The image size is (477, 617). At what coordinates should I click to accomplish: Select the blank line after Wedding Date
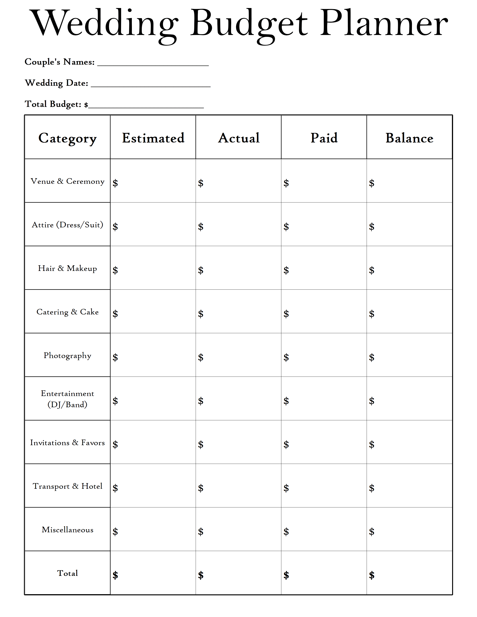click(151, 85)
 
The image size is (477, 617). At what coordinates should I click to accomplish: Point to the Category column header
click(67, 138)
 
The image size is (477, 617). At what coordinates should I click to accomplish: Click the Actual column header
click(239, 138)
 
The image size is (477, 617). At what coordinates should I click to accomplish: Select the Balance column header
click(409, 138)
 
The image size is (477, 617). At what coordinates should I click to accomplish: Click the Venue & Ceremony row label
click(67, 181)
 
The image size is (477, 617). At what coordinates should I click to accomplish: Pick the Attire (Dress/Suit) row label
click(67, 225)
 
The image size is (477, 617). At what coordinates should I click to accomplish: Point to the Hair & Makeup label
click(67, 268)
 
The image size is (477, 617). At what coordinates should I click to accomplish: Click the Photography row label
click(67, 356)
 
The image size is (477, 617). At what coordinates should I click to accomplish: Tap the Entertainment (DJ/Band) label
click(67, 399)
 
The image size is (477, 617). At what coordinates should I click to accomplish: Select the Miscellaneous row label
click(67, 530)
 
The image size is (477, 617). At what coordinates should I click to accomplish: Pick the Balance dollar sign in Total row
click(372, 575)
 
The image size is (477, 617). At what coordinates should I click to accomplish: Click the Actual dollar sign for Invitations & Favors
click(201, 444)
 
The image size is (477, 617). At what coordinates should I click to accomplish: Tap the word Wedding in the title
click(105, 24)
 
